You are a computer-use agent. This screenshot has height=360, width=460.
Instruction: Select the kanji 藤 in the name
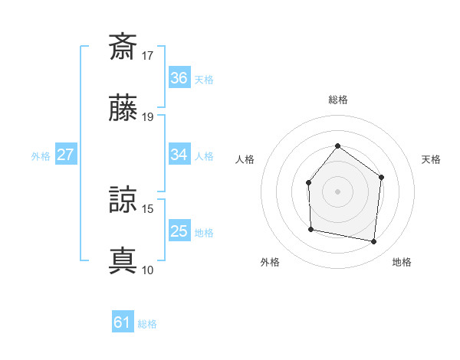(123, 108)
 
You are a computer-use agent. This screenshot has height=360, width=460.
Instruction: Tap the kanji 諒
(123, 199)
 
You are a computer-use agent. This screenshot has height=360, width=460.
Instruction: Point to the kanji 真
(123, 260)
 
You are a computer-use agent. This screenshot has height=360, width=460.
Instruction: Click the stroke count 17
(148, 55)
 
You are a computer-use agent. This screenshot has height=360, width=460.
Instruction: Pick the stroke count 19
(148, 117)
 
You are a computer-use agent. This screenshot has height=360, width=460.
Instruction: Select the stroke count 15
(148, 208)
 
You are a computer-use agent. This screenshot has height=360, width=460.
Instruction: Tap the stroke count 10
(148, 270)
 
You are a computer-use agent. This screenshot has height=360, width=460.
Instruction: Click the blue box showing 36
(179, 78)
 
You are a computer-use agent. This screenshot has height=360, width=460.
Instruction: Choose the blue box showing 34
(179, 155)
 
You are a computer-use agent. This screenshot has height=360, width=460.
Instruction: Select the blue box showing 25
(179, 231)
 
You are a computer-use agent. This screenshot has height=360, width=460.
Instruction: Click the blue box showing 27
(65, 155)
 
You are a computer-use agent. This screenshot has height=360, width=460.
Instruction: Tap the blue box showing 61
(123, 322)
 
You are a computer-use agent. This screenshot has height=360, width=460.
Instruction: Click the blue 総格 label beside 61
(147, 324)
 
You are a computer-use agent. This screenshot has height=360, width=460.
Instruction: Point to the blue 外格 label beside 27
(41, 155)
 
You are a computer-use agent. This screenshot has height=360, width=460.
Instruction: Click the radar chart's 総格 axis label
(337, 100)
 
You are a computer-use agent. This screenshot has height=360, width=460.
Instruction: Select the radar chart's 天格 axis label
(431, 159)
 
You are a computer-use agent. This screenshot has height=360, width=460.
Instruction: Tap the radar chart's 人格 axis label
(245, 159)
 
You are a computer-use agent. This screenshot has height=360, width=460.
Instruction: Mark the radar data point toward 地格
(374, 242)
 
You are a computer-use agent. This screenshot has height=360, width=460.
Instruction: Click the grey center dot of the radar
(337, 191)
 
